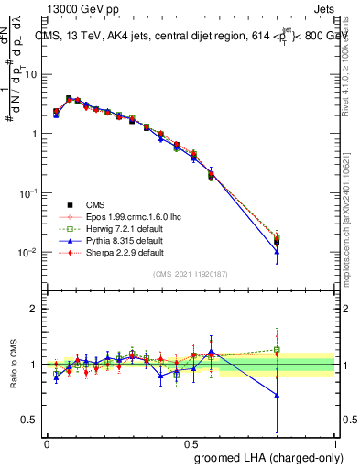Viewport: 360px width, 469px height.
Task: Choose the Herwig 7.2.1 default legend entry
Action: pos(104,229)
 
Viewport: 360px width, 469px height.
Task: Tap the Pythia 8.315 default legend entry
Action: pos(104,241)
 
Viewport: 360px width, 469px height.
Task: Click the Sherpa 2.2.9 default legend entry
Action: pos(104,252)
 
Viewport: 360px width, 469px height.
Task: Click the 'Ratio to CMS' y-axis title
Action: pos(14,364)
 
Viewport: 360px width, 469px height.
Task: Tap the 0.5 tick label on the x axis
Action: pos(191,442)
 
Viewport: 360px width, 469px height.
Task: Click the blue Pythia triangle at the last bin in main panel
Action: pos(277,252)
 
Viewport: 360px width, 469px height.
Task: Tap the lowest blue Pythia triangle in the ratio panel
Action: pos(277,395)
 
